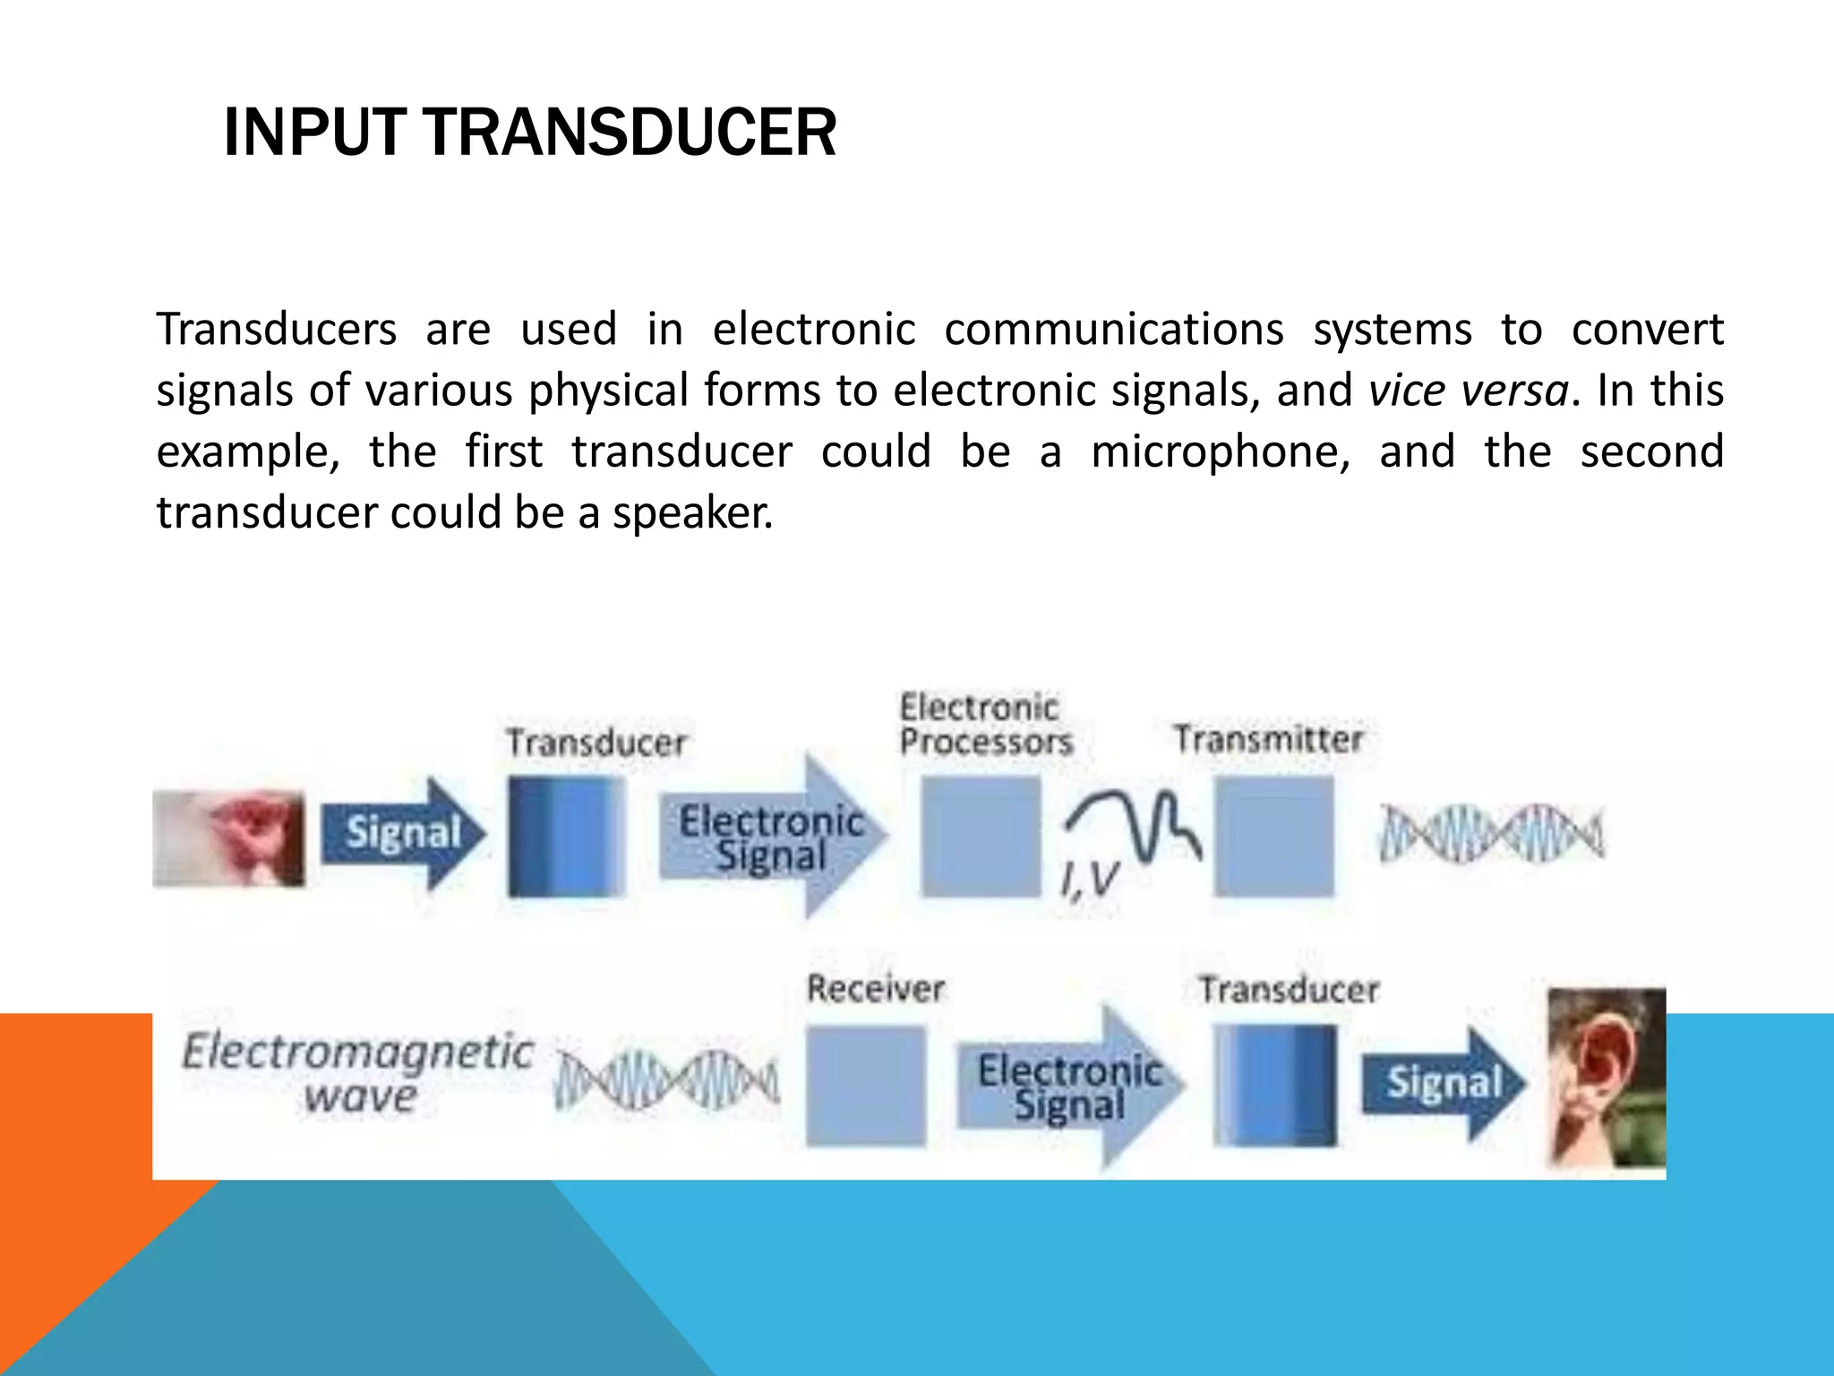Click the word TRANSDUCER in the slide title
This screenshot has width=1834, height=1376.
[629, 133]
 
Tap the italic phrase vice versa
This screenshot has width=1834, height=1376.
[1469, 391]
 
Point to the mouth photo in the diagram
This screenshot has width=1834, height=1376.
[229, 838]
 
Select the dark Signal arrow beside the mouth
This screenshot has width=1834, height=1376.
[401, 834]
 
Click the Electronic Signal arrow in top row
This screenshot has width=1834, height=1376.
[772, 837]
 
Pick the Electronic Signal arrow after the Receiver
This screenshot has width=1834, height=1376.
[1069, 1087]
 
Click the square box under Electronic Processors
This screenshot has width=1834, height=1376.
[981, 836]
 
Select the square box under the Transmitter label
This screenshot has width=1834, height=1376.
[1273, 836]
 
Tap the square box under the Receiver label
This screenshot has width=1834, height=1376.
[865, 1086]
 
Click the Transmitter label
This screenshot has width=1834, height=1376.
[1268, 740]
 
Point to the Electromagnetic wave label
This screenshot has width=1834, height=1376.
[358, 1071]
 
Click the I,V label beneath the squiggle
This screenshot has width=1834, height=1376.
[1089, 881]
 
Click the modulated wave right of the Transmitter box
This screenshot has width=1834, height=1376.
[1492, 833]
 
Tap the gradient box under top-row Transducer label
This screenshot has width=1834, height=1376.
[566, 836]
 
